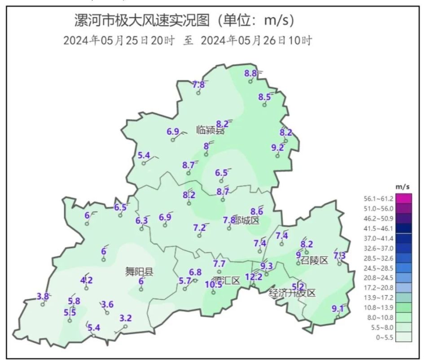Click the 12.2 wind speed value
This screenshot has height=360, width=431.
pos(254,277)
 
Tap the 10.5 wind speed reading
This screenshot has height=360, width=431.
pos(214,284)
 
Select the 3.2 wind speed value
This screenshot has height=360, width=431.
pos(126,318)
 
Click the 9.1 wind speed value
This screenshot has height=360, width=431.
pos(338,309)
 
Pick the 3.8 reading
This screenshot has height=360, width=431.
pos(43,296)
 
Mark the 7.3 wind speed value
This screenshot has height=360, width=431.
pos(340,256)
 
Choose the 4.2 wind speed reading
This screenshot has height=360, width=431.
pos(86,280)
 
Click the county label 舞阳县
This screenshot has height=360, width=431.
pos(139,271)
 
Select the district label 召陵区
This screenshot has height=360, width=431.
pos(315,260)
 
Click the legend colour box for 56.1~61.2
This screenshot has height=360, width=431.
pos(403,198)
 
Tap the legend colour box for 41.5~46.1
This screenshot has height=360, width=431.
pos(403,228)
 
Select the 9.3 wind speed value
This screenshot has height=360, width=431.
pos(267,266)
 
